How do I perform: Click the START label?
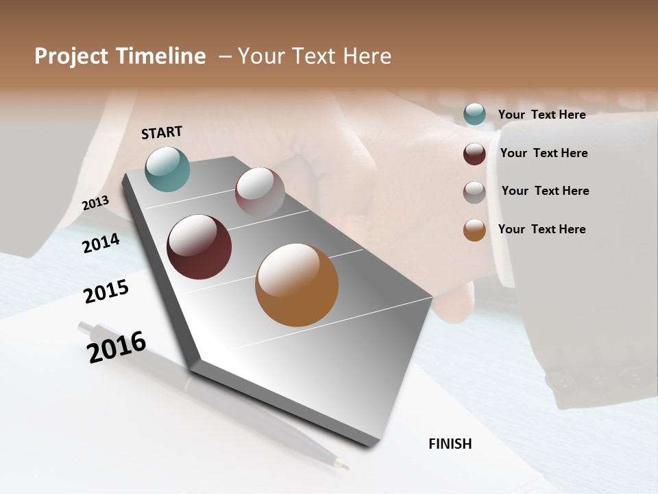coord(162,132)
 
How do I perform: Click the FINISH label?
coord(450,444)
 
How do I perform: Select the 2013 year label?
coord(96,203)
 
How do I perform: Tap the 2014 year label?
coord(101,243)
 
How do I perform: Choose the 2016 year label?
coord(117,346)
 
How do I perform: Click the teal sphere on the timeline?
coord(167,169)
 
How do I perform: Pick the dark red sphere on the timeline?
coord(199,247)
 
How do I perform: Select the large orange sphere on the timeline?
coord(297,285)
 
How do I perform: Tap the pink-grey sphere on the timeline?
coord(260,192)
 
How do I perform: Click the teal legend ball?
coord(474,115)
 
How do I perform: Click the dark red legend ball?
coord(474,154)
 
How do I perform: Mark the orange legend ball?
coord(474,230)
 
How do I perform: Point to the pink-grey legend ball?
coord(474,192)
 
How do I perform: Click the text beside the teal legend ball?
coord(541,115)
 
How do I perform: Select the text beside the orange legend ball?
coord(541,229)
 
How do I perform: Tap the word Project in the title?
coord(71,56)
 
